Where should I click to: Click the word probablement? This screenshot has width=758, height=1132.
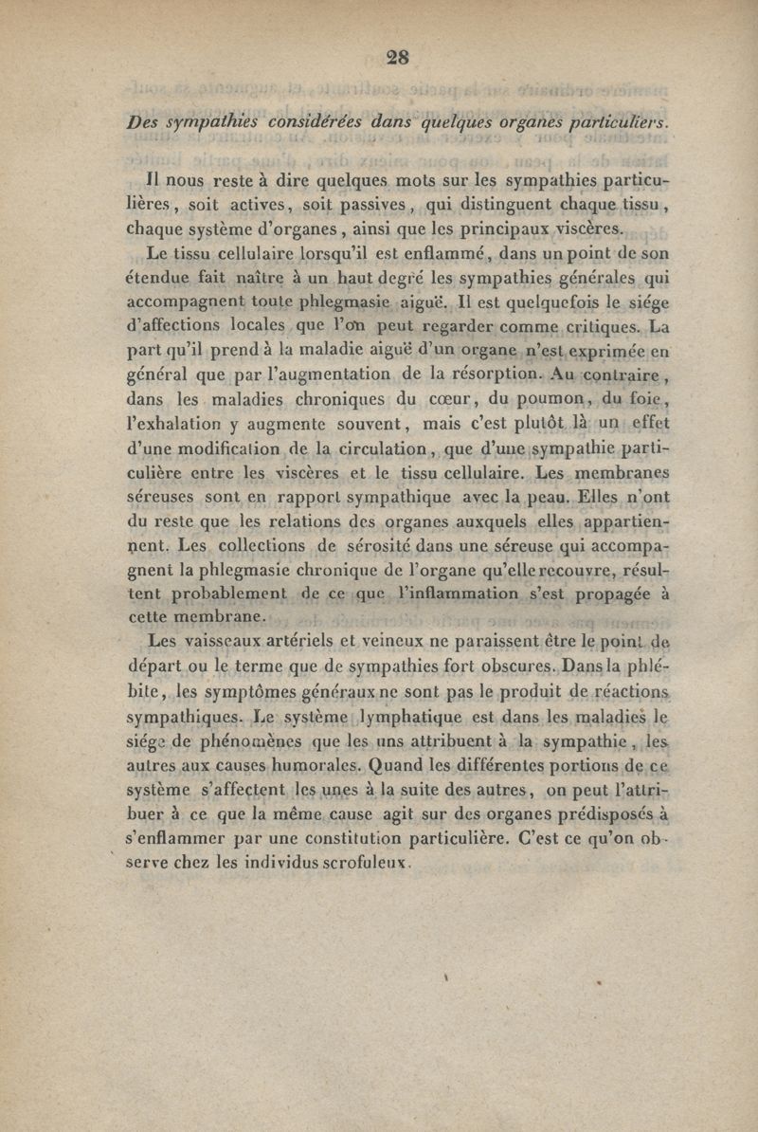(226, 594)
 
